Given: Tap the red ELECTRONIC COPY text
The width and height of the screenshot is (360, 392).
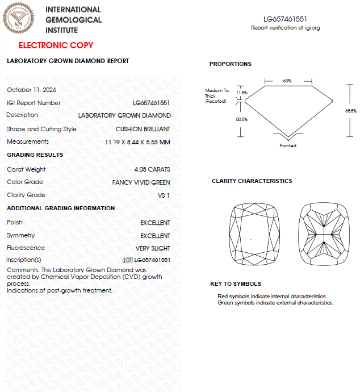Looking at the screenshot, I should [x=56, y=45].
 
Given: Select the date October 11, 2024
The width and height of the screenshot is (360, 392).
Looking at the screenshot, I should [x=31, y=90].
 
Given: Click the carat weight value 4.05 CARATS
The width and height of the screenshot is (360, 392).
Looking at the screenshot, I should [x=152, y=169].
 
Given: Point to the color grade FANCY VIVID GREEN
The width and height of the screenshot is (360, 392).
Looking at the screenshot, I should [x=141, y=182].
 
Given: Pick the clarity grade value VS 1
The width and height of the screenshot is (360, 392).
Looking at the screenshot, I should [x=164, y=195].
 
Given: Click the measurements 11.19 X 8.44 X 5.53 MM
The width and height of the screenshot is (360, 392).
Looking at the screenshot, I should [x=137, y=142].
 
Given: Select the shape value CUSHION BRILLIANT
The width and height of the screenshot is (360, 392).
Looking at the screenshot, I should [x=143, y=129].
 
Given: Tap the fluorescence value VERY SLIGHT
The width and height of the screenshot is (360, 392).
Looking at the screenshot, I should [x=153, y=248].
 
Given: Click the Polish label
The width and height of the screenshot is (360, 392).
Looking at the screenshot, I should [x=15, y=222].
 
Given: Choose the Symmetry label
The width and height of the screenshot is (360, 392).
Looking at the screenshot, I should [x=20, y=235].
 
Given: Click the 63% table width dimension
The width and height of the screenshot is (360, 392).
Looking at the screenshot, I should [x=287, y=81].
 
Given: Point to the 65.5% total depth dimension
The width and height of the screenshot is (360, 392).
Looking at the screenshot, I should [x=350, y=111].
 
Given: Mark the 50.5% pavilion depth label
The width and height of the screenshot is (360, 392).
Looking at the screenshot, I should [x=242, y=120].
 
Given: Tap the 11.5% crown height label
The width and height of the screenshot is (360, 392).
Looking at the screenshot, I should [x=242, y=93].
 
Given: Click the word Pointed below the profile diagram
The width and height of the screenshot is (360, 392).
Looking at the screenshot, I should [x=288, y=145].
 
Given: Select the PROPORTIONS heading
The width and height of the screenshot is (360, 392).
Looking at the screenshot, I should [x=230, y=64].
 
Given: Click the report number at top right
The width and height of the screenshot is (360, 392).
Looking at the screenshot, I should [x=285, y=19].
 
